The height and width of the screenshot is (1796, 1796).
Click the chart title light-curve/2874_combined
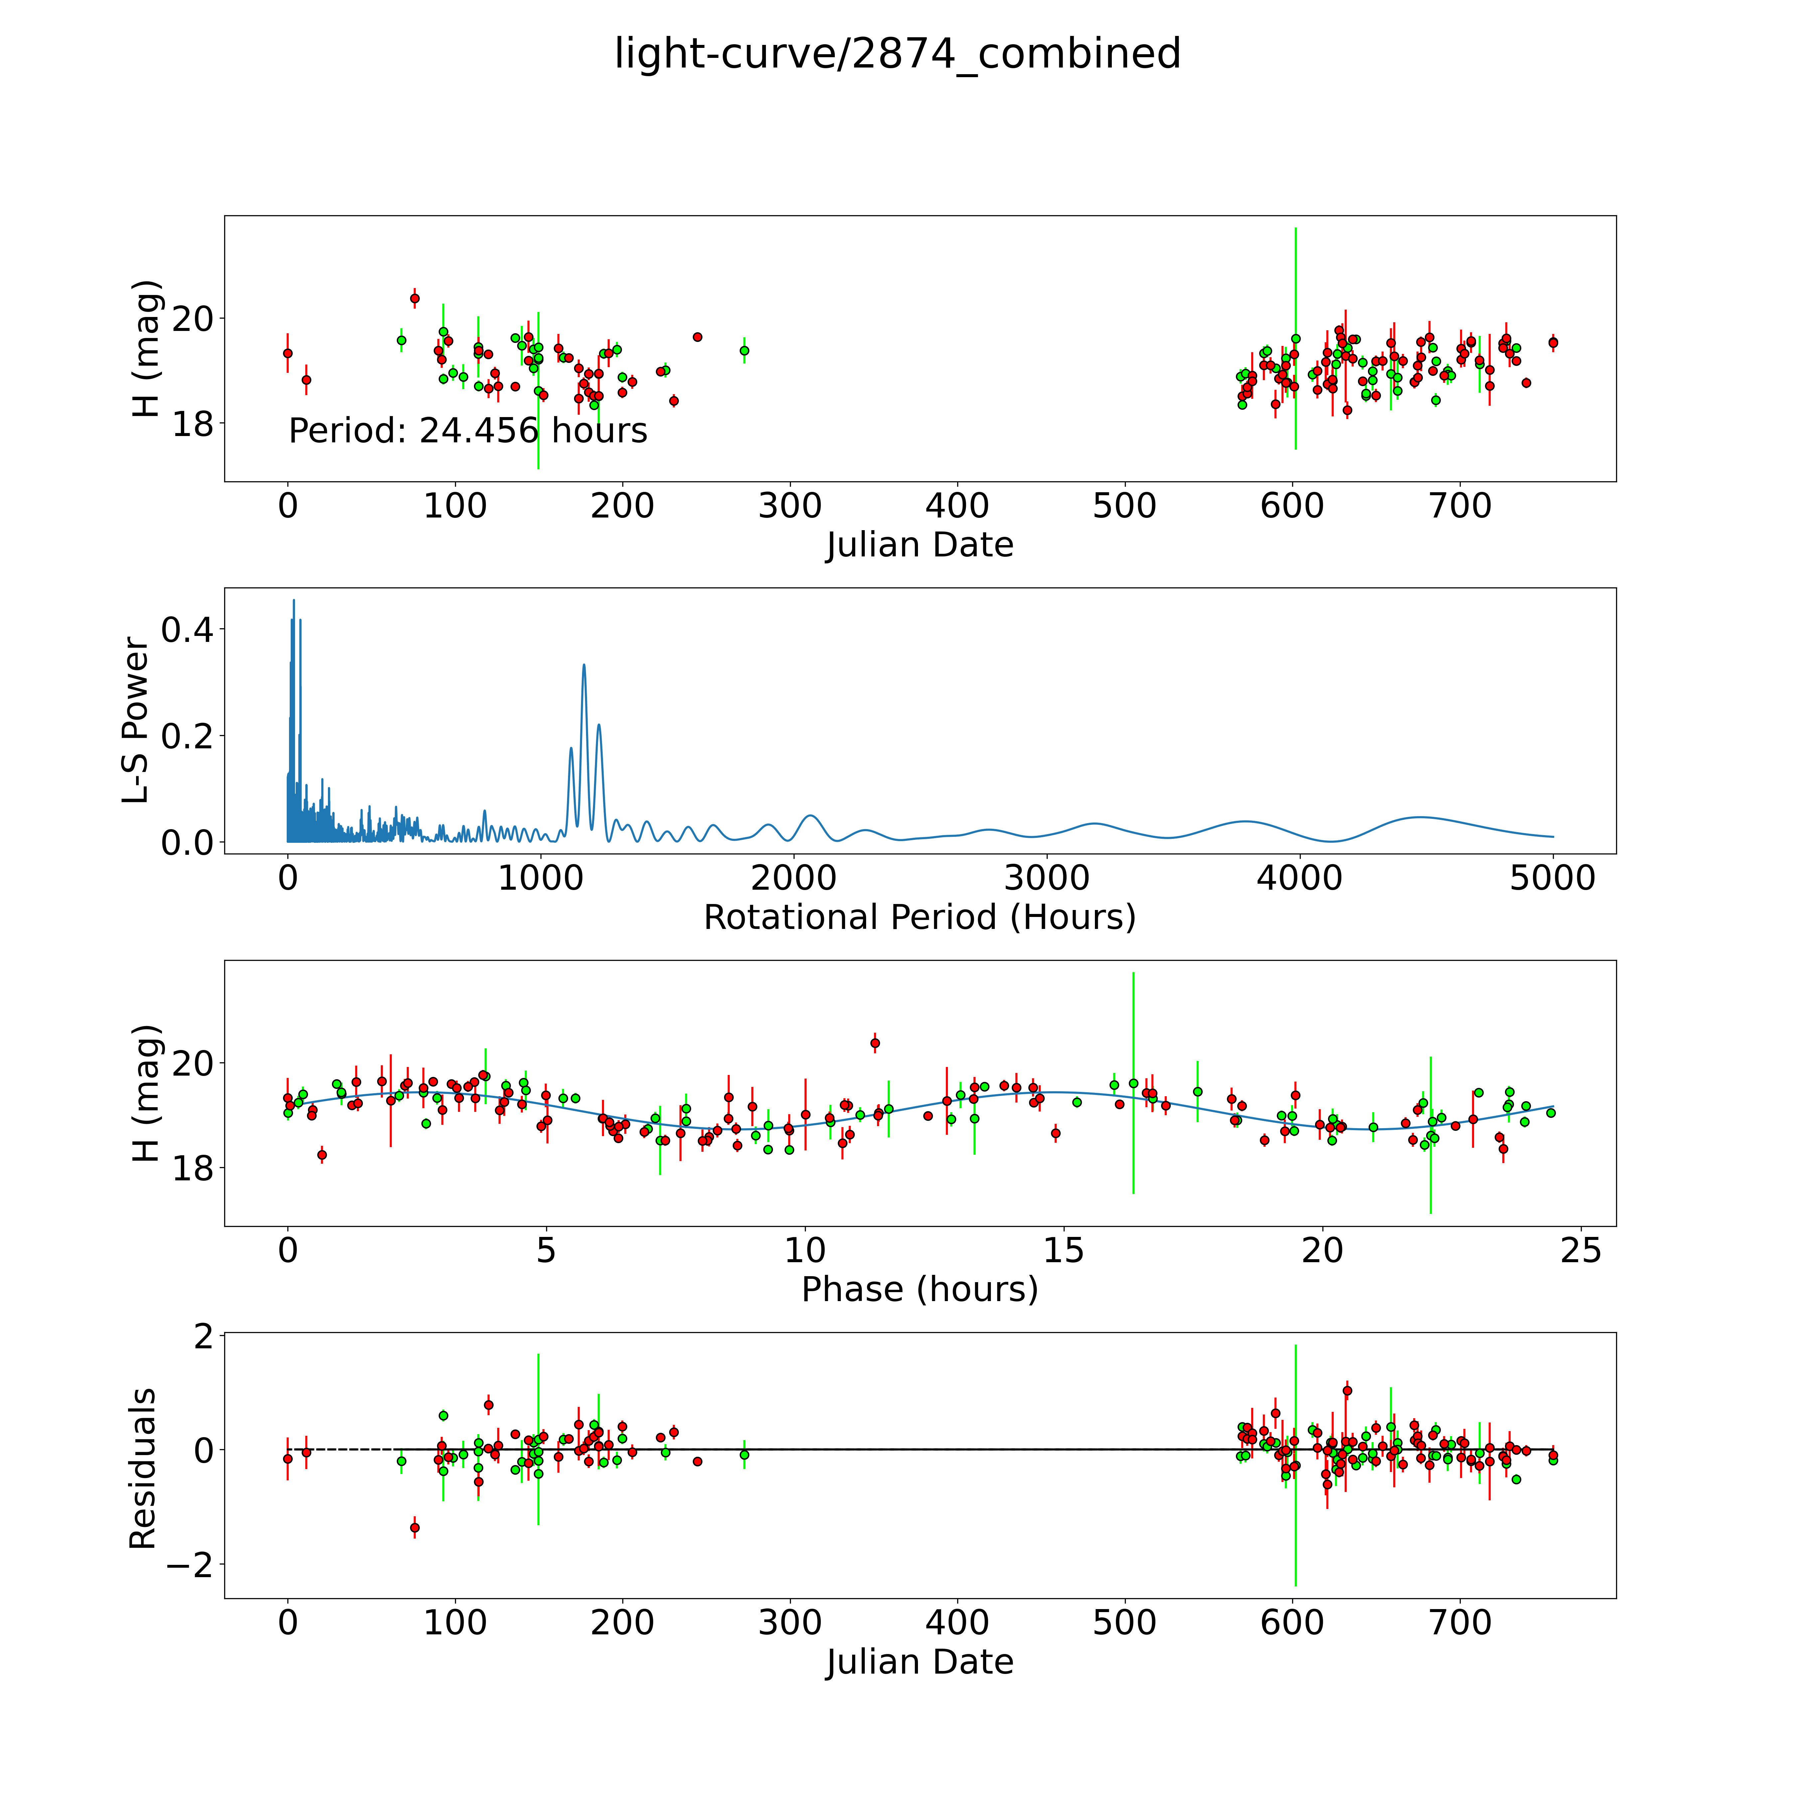point(897,54)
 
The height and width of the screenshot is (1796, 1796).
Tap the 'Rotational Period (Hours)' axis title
point(919,918)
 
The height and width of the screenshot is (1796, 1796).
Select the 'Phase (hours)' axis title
point(919,1289)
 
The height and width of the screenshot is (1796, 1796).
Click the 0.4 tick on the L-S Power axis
point(187,630)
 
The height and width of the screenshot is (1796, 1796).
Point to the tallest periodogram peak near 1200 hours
point(584,666)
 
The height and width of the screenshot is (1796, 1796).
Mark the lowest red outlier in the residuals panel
point(415,1527)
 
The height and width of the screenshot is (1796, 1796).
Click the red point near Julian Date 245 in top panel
point(697,337)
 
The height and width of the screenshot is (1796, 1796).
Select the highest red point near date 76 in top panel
point(415,298)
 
